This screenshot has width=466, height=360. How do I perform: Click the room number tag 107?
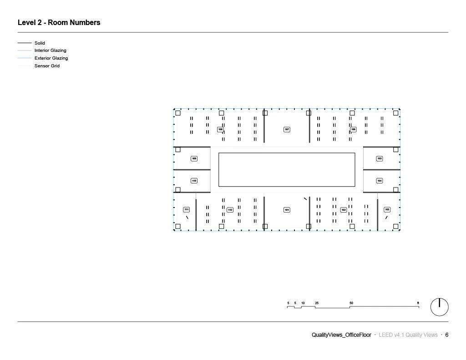287,130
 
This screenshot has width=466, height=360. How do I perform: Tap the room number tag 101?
287,210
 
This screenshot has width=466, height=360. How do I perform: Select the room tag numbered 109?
194,159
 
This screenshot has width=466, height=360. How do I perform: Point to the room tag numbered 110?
194,181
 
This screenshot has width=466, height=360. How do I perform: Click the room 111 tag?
187,210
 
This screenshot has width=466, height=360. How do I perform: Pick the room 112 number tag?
230,210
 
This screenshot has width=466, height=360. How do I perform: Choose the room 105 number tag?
380,159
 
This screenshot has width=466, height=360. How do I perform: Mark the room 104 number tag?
380,181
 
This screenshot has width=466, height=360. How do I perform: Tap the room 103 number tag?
387,210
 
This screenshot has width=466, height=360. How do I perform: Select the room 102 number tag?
344,210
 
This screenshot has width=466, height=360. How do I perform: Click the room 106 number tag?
353,130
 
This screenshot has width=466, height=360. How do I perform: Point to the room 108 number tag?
221,130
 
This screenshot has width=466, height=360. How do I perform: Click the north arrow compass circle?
439,307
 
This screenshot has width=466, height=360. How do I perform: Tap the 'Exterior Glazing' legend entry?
51,58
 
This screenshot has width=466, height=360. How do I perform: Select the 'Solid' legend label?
40,43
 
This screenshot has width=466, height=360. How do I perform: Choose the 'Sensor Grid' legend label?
47,66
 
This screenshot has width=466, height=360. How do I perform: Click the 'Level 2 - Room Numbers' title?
59,22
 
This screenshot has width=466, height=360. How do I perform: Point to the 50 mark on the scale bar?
351,303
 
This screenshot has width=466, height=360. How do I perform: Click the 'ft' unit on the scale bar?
418,303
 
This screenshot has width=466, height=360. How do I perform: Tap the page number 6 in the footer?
446,335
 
